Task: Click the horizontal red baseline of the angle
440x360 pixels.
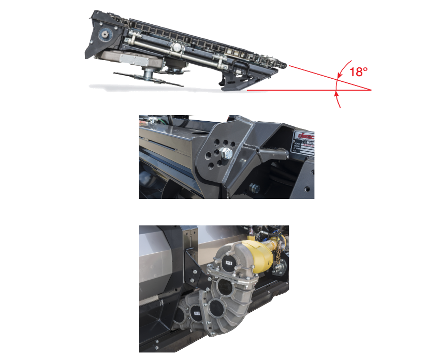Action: pyautogui.click(x=311, y=90)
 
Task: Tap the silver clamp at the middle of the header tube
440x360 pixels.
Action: pyautogui.click(x=177, y=49)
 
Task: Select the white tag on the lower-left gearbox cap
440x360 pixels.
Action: pyautogui.click(x=196, y=312)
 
